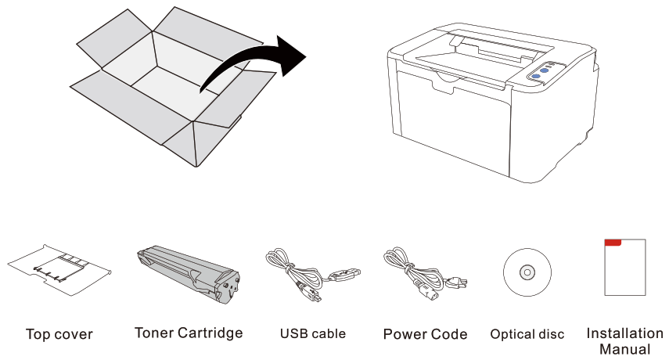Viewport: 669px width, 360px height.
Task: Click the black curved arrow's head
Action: pyautogui.click(x=291, y=57)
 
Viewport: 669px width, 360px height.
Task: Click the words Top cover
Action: pyautogui.click(x=59, y=335)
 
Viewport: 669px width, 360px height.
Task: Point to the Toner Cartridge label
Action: pyautogui.click(x=189, y=333)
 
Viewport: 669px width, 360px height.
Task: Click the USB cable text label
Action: pyautogui.click(x=312, y=334)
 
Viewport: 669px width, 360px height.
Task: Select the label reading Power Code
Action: pyautogui.click(x=425, y=335)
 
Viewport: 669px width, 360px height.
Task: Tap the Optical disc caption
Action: pyautogui.click(x=527, y=335)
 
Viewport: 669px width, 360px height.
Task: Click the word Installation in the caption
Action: pyautogui.click(x=624, y=333)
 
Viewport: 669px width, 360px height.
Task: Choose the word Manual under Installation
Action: pyautogui.click(x=624, y=348)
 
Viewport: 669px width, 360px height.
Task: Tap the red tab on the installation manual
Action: pyautogui.click(x=613, y=243)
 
